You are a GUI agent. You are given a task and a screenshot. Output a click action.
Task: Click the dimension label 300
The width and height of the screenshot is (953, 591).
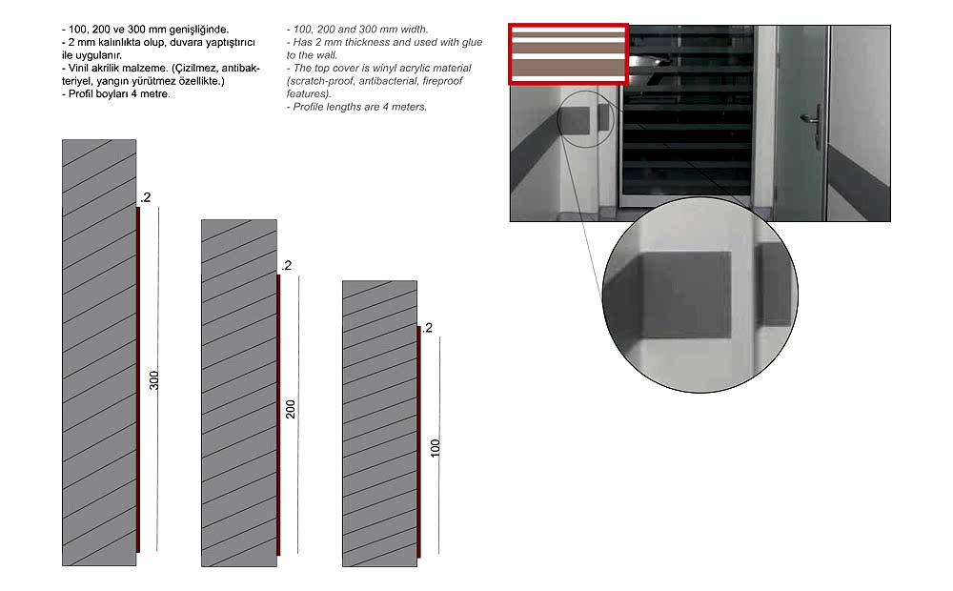pyautogui.click(x=154, y=380)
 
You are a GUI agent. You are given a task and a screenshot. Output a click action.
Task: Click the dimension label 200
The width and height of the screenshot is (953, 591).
pyautogui.click(x=291, y=409)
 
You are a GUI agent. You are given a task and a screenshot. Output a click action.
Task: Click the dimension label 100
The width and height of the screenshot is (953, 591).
pyautogui.click(x=436, y=448)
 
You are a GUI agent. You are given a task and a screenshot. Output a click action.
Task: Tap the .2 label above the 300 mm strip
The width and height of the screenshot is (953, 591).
pyautogui.click(x=145, y=197)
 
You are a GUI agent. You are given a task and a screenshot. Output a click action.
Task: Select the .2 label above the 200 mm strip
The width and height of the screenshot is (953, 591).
pyautogui.click(x=286, y=266)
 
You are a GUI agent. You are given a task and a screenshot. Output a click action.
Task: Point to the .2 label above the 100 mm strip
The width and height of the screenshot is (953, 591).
pyautogui.click(x=427, y=328)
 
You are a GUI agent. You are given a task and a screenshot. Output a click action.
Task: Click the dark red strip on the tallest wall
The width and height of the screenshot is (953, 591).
pyautogui.click(x=138, y=379)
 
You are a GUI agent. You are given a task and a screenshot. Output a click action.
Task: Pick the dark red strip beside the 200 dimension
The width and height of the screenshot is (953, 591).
pyautogui.click(x=278, y=415)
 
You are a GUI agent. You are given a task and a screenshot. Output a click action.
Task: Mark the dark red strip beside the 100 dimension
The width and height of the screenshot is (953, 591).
pyautogui.click(x=418, y=442)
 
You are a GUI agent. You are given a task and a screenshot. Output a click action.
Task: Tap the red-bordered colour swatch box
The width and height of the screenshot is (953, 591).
pyautogui.click(x=568, y=53)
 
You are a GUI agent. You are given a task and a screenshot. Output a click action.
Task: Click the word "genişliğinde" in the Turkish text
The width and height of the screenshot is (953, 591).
pyautogui.click(x=199, y=30)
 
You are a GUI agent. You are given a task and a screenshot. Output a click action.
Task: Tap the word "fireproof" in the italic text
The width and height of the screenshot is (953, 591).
pyautogui.click(x=442, y=81)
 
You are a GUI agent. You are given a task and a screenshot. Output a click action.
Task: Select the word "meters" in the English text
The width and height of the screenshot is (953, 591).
pyautogui.click(x=410, y=107)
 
